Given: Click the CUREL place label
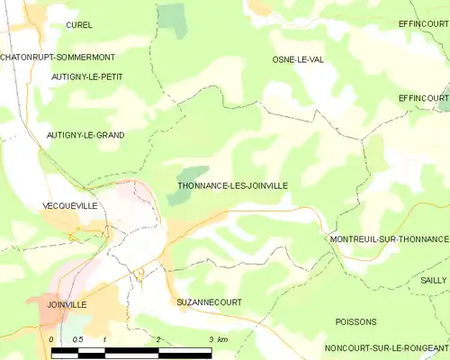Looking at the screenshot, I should click(79, 25).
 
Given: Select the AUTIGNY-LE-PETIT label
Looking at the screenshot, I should click(87, 77).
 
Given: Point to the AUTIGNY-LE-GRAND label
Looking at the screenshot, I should click(85, 135).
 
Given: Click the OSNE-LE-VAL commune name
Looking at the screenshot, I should click(298, 59).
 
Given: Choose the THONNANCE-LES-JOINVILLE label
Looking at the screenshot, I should click(233, 185).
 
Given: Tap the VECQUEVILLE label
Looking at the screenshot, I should click(69, 206).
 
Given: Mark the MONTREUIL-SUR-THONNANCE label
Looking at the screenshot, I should click(389, 239).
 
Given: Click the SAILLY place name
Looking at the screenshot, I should click(433, 281).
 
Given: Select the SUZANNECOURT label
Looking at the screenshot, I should click(210, 302).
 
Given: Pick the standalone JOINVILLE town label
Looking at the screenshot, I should click(67, 305).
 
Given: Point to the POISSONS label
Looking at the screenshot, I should click(355, 321).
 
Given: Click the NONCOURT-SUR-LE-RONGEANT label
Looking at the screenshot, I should click(387, 348).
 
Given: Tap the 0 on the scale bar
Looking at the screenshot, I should click(52, 339).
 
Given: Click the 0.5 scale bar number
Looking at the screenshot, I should click(77, 339).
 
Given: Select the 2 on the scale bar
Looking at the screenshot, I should click(158, 339).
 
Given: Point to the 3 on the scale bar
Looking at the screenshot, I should click(211, 339).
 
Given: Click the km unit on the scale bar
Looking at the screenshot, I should click(223, 339).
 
